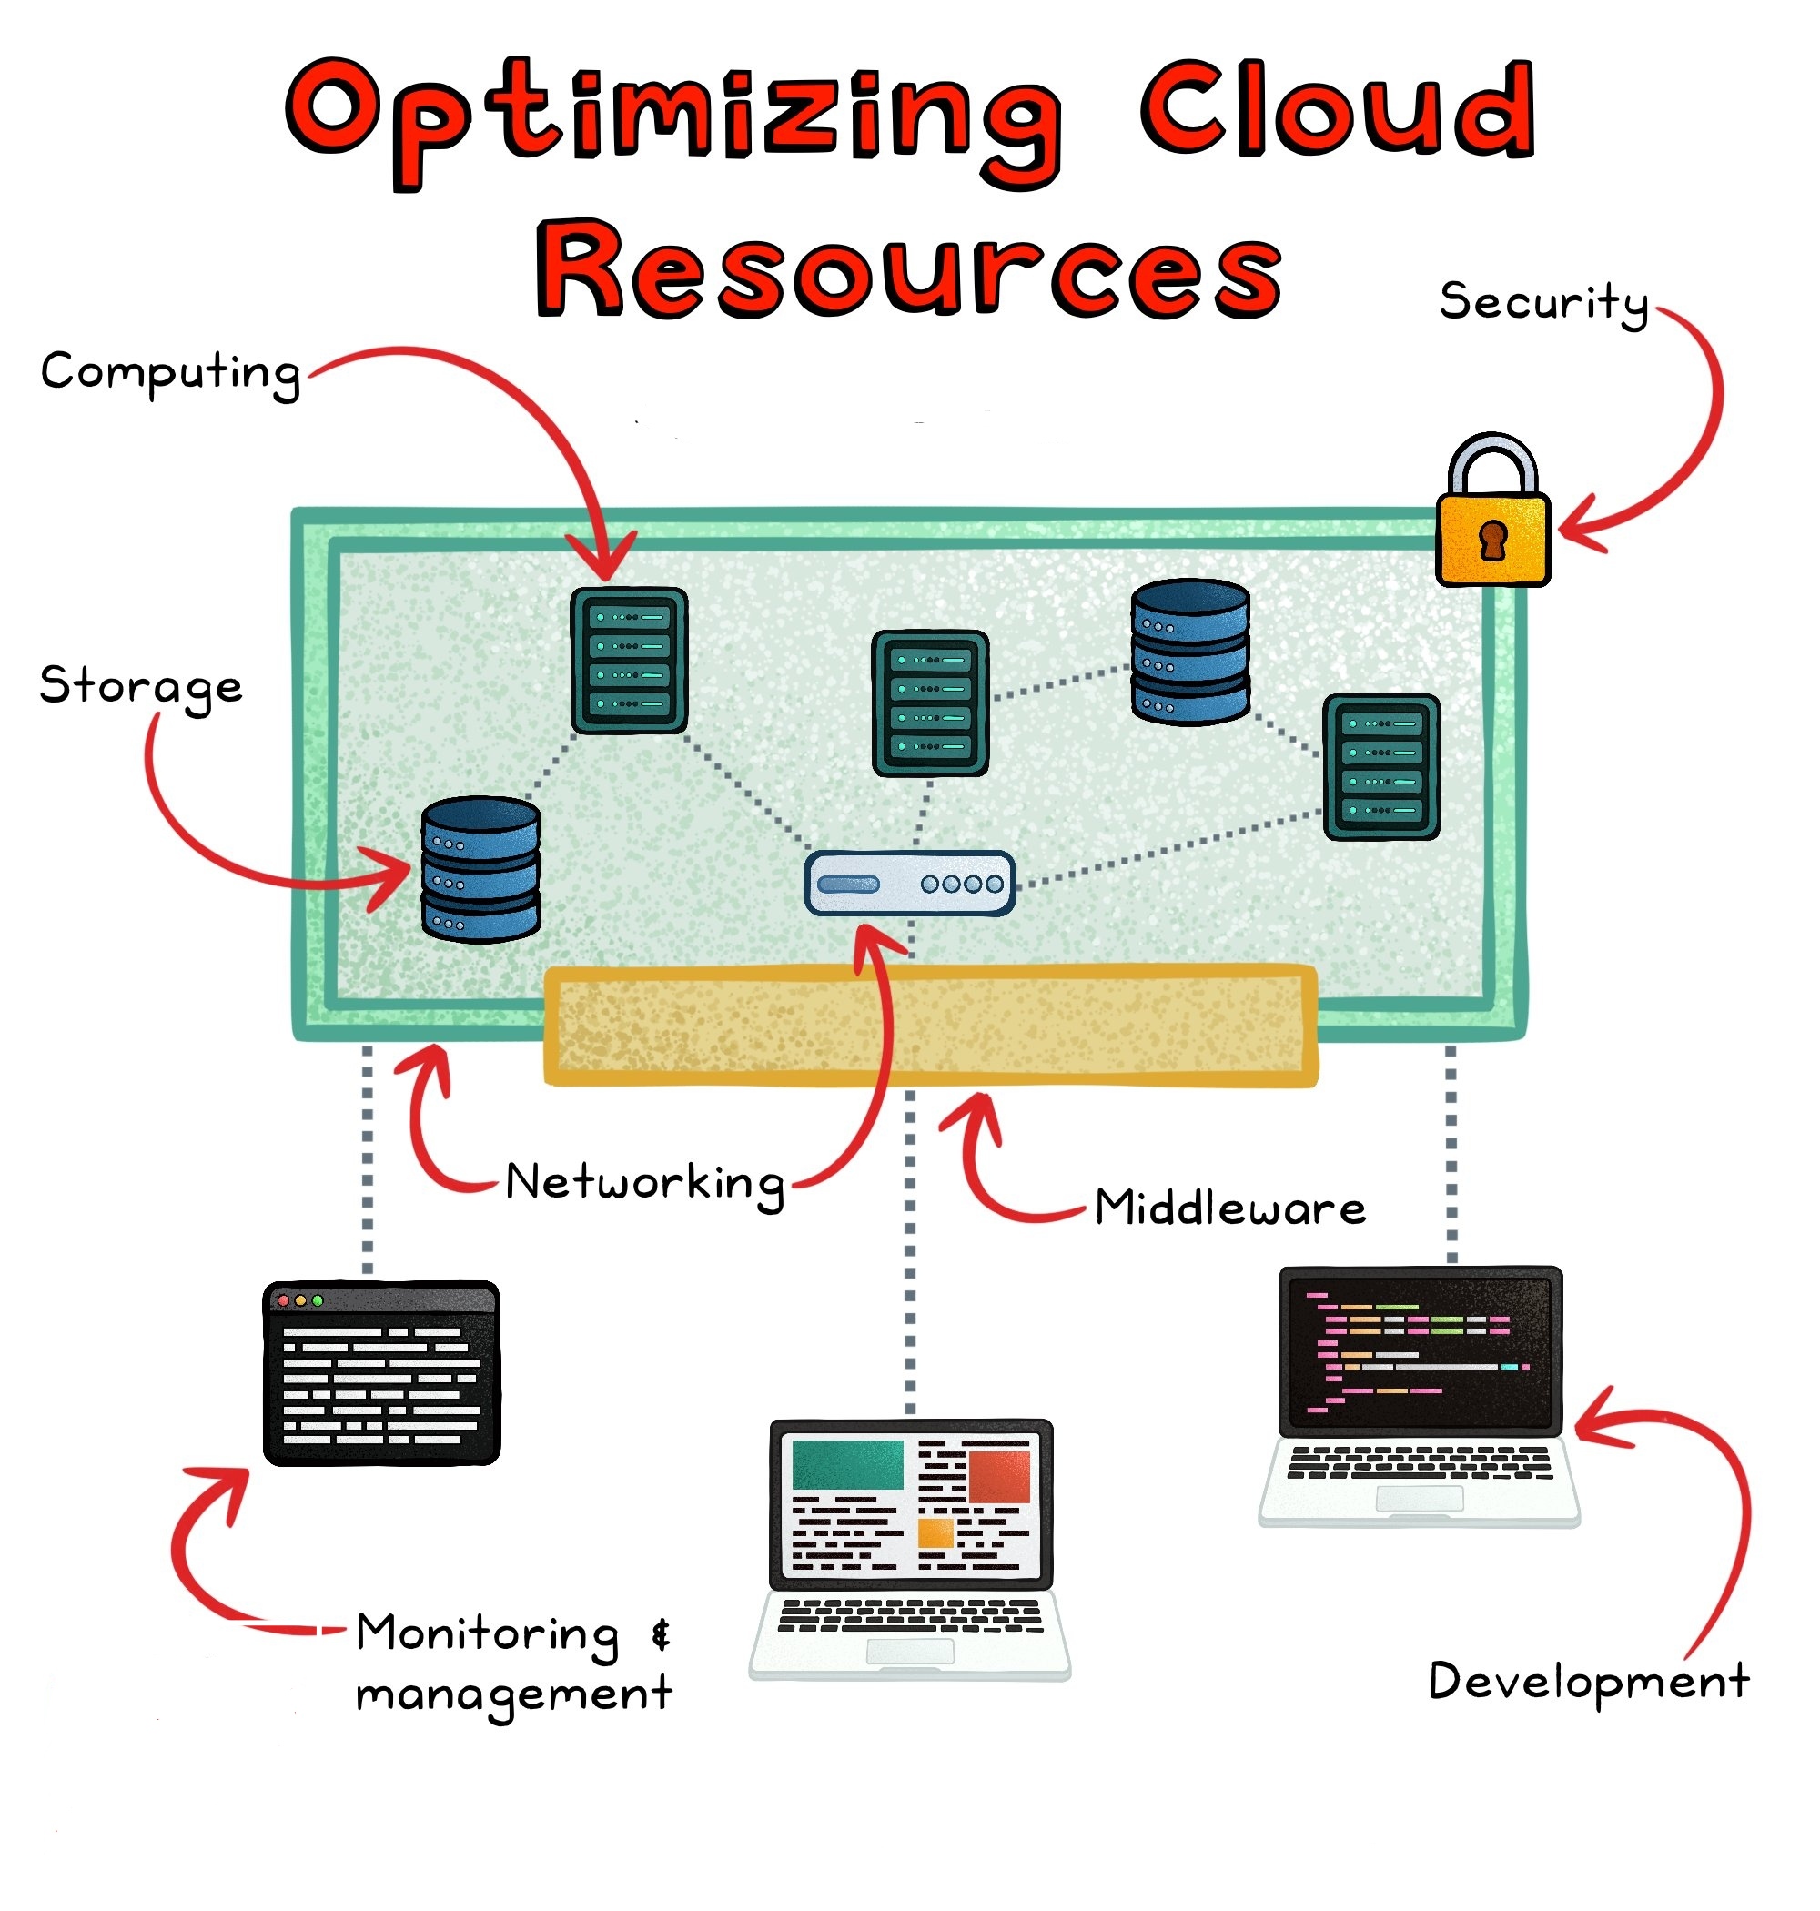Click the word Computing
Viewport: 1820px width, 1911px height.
click(170, 372)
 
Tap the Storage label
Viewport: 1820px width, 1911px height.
click(141, 687)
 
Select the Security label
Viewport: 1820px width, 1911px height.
click(1542, 302)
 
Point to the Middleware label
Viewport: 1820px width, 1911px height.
click(1230, 1208)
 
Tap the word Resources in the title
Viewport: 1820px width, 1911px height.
click(910, 268)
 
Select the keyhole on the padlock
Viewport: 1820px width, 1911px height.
click(1493, 541)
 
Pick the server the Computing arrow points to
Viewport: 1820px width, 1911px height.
click(629, 661)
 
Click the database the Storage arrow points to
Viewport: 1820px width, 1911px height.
click(480, 869)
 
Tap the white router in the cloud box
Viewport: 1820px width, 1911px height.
click(910, 884)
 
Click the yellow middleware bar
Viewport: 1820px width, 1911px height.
click(929, 1026)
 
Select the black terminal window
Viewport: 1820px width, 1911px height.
click(381, 1373)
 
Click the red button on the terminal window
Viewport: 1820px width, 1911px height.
click(283, 1300)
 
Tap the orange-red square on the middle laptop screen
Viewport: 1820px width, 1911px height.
click(998, 1475)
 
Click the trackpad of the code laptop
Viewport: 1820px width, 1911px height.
click(1419, 1500)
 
